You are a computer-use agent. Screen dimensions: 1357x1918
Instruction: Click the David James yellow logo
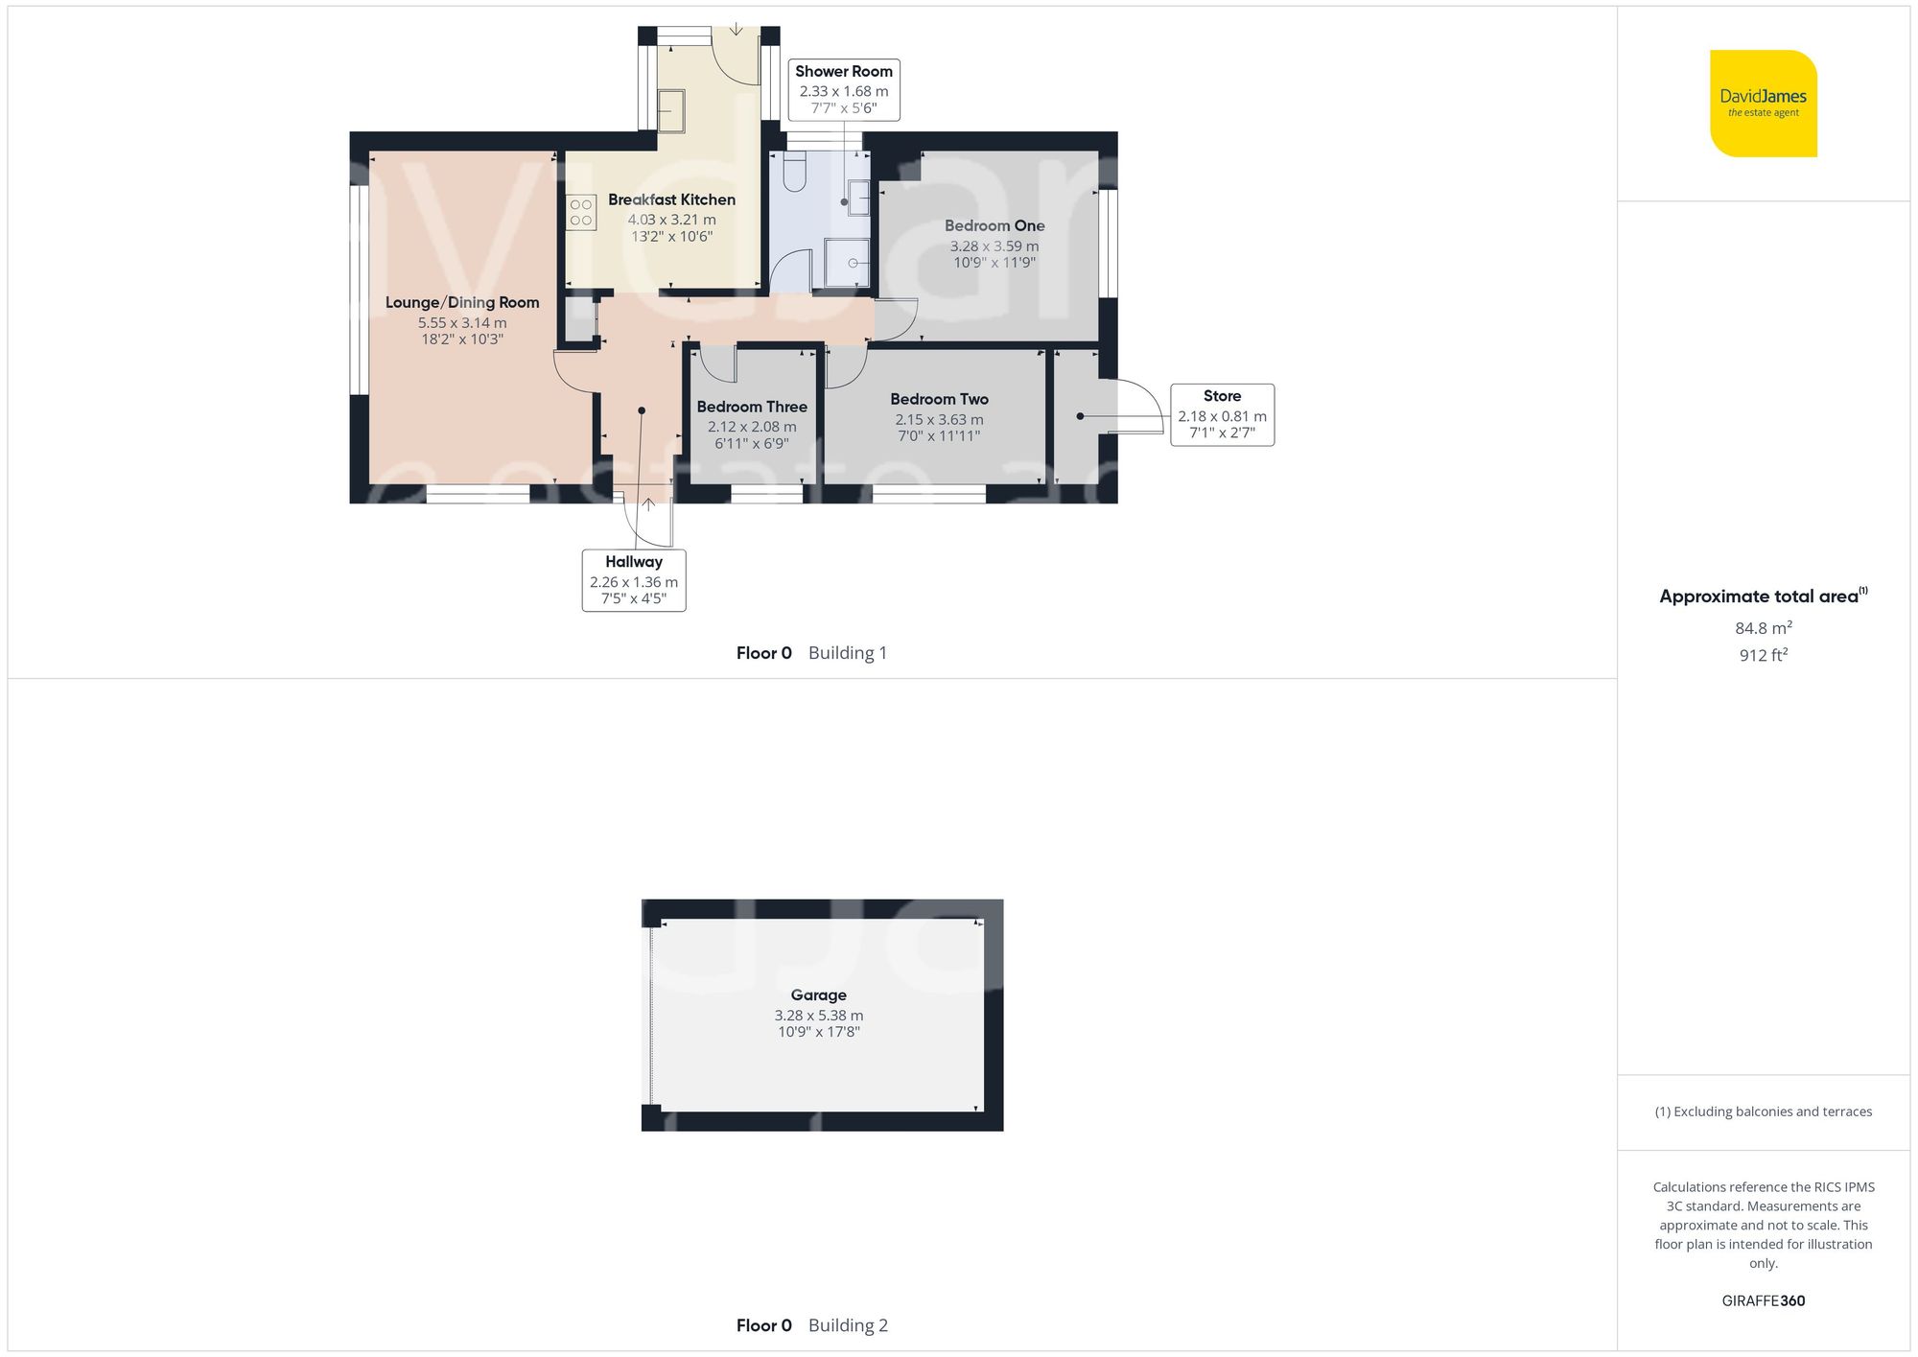click(1763, 104)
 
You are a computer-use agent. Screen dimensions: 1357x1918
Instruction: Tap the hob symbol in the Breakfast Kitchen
click(581, 213)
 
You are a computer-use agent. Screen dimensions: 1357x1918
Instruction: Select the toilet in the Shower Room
click(795, 173)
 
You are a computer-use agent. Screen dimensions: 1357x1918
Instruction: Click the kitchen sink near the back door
click(671, 110)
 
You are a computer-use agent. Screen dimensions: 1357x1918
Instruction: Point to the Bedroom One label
click(994, 226)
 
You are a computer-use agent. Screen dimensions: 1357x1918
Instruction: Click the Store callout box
click(1222, 414)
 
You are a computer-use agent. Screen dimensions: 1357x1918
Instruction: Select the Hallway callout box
click(634, 580)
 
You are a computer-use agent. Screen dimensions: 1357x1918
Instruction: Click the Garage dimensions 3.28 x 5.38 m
click(819, 1016)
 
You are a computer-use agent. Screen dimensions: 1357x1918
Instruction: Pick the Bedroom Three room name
click(752, 407)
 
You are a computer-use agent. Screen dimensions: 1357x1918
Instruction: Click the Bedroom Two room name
click(939, 399)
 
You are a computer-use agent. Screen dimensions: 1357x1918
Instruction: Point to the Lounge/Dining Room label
click(462, 303)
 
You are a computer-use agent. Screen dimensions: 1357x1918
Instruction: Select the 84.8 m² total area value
click(1763, 628)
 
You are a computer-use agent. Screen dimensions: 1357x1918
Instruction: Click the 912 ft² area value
click(1763, 655)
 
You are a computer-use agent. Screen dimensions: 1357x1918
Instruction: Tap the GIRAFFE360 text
click(1763, 1301)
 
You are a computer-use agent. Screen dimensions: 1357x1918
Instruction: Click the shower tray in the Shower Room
click(848, 263)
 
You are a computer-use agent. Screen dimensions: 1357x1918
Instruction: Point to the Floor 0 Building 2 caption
click(811, 1325)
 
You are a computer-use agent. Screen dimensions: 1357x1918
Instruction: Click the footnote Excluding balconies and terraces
click(1763, 1111)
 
